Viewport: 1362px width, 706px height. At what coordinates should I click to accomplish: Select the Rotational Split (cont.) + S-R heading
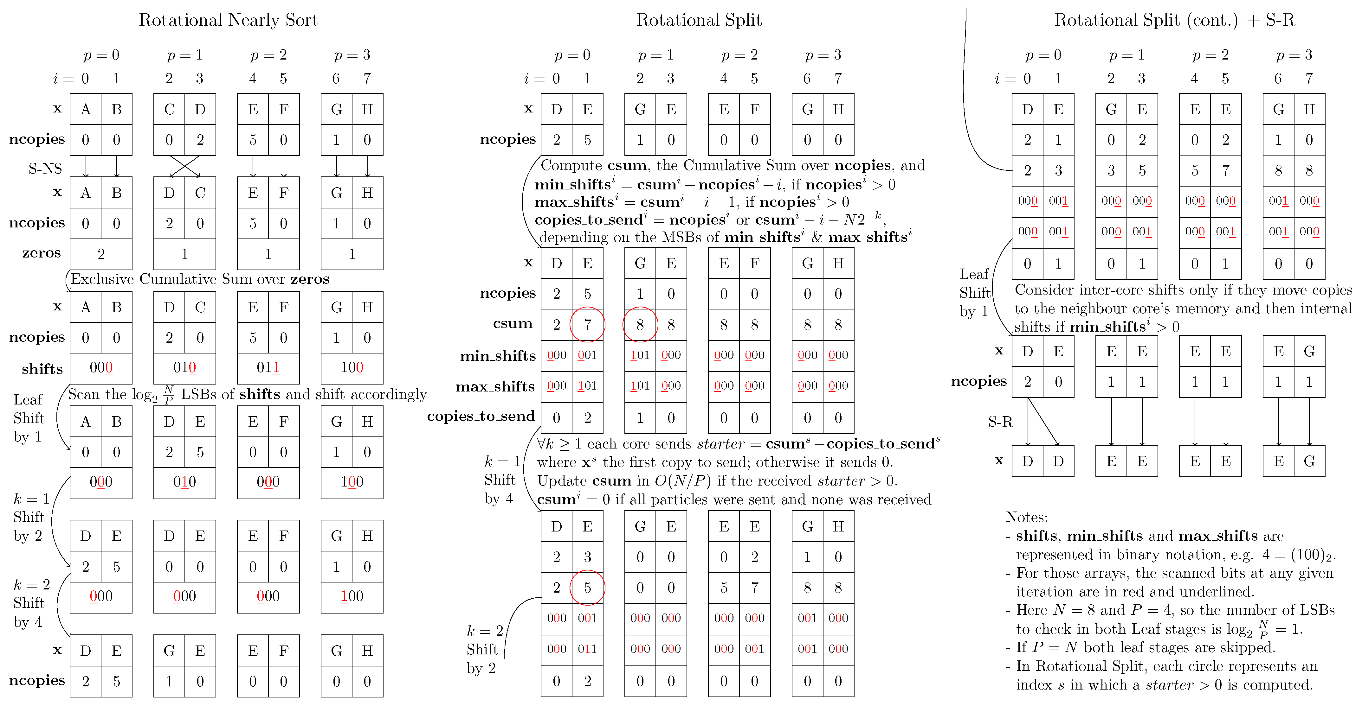[1174, 20]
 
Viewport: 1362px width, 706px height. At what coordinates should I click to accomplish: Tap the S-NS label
[45, 169]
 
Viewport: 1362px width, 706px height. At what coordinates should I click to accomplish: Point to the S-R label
[1000, 422]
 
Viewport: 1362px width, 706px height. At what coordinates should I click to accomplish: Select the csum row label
[512, 323]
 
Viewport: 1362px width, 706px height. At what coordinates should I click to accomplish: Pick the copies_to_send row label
[481, 417]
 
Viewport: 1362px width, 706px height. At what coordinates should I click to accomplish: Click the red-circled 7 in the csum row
[587, 324]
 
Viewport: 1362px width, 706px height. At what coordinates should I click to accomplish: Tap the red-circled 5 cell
[587, 588]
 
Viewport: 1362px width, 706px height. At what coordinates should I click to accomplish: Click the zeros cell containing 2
[101, 254]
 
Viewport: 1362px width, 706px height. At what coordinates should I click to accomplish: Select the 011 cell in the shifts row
[268, 368]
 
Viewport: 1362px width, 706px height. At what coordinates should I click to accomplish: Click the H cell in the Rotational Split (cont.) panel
[1309, 109]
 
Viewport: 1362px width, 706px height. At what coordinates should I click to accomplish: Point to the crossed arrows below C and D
[184, 166]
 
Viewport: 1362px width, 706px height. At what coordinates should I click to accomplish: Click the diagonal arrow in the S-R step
[1043, 422]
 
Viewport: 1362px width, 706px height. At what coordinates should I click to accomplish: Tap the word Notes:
[1026, 517]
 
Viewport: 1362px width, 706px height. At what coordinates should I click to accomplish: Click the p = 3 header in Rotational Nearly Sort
[352, 55]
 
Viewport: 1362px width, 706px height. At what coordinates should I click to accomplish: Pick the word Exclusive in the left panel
[102, 279]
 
